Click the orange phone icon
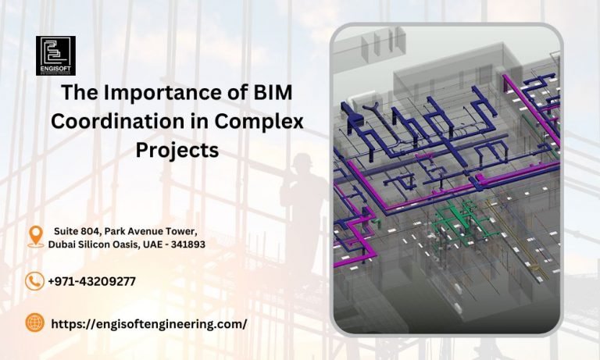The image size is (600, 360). (x=34, y=281)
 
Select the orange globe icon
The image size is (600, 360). (x=34, y=323)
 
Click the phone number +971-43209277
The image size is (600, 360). (x=92, y=281)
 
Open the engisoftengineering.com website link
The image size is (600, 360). (x=149, y=323)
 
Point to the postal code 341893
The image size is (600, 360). (x=187, y=244)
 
